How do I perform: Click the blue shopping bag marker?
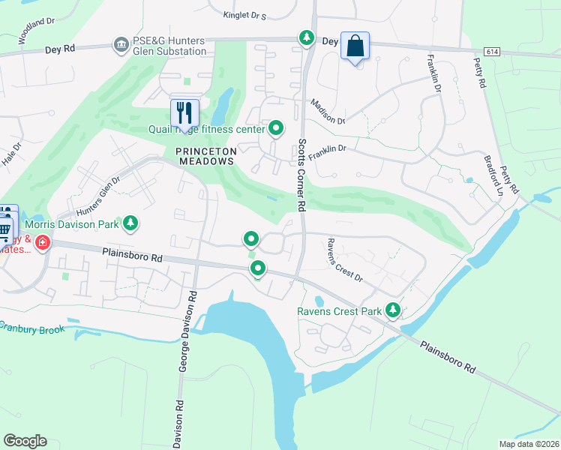pyautogui.click(x=355, y=46)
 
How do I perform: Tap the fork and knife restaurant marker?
pyautogui.click(x=184, y=114)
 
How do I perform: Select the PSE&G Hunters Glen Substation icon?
pyautogui.click(x=121, y=46)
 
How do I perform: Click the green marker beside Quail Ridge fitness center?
pyautogui.click(x=276, y=129)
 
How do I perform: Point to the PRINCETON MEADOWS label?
pyautogui.click(x=206, y=151)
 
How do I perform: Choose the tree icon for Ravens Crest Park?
pyautogui.click(x=391, y=310)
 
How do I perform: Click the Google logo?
pyautogui.click(x=25, y=440)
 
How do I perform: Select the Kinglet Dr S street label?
pyautogui.click(x=244, y=14)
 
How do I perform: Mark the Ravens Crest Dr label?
pyautogui.click(x=344, y=260)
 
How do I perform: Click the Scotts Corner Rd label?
pyautogui.click(x=301, y=175)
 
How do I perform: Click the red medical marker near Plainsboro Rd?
pyautogui.click(x=42, y=243)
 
